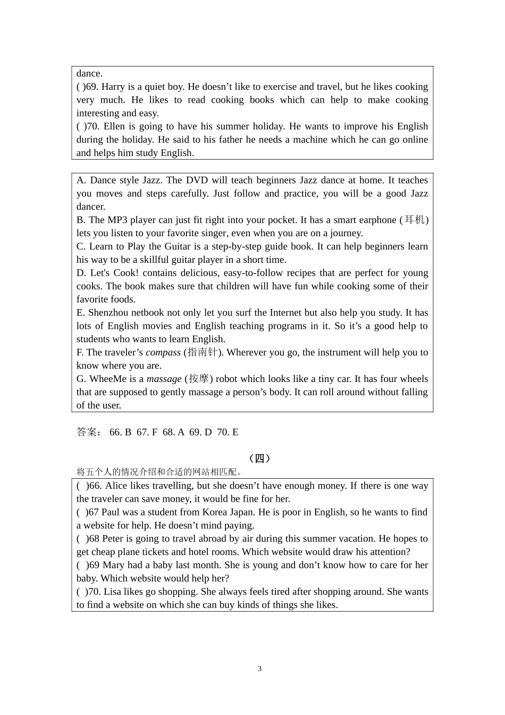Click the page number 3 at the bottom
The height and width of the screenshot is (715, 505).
pyautogui.click(x=259, y=669)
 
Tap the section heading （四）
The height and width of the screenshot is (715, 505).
pyautogui.click(x=259, y=459)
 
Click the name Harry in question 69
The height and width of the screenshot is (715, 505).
pyautogui.click(x=113, y=87)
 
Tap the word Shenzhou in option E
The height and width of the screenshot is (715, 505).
pyautogui.click(x=108, y=313)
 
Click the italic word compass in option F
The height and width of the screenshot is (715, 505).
pyautogui.click(x=163, y=352)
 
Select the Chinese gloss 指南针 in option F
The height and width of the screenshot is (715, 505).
pyautogui.click(x=203, y=352)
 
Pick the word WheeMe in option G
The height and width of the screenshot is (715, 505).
pyautogui.click(x=108, y=379)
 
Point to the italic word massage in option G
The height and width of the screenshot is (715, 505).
pyautogui.click(x=164, y=379)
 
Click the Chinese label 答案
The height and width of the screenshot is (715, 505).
pyautogui.click(x=88, y=432)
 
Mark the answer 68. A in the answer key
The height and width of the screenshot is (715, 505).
pyautogui.click(x=174, y=432)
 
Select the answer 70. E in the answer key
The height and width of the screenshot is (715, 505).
pyautogui.click(x=228, y=432)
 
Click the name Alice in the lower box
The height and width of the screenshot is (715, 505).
pyautogui.click(x=117, y=486)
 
